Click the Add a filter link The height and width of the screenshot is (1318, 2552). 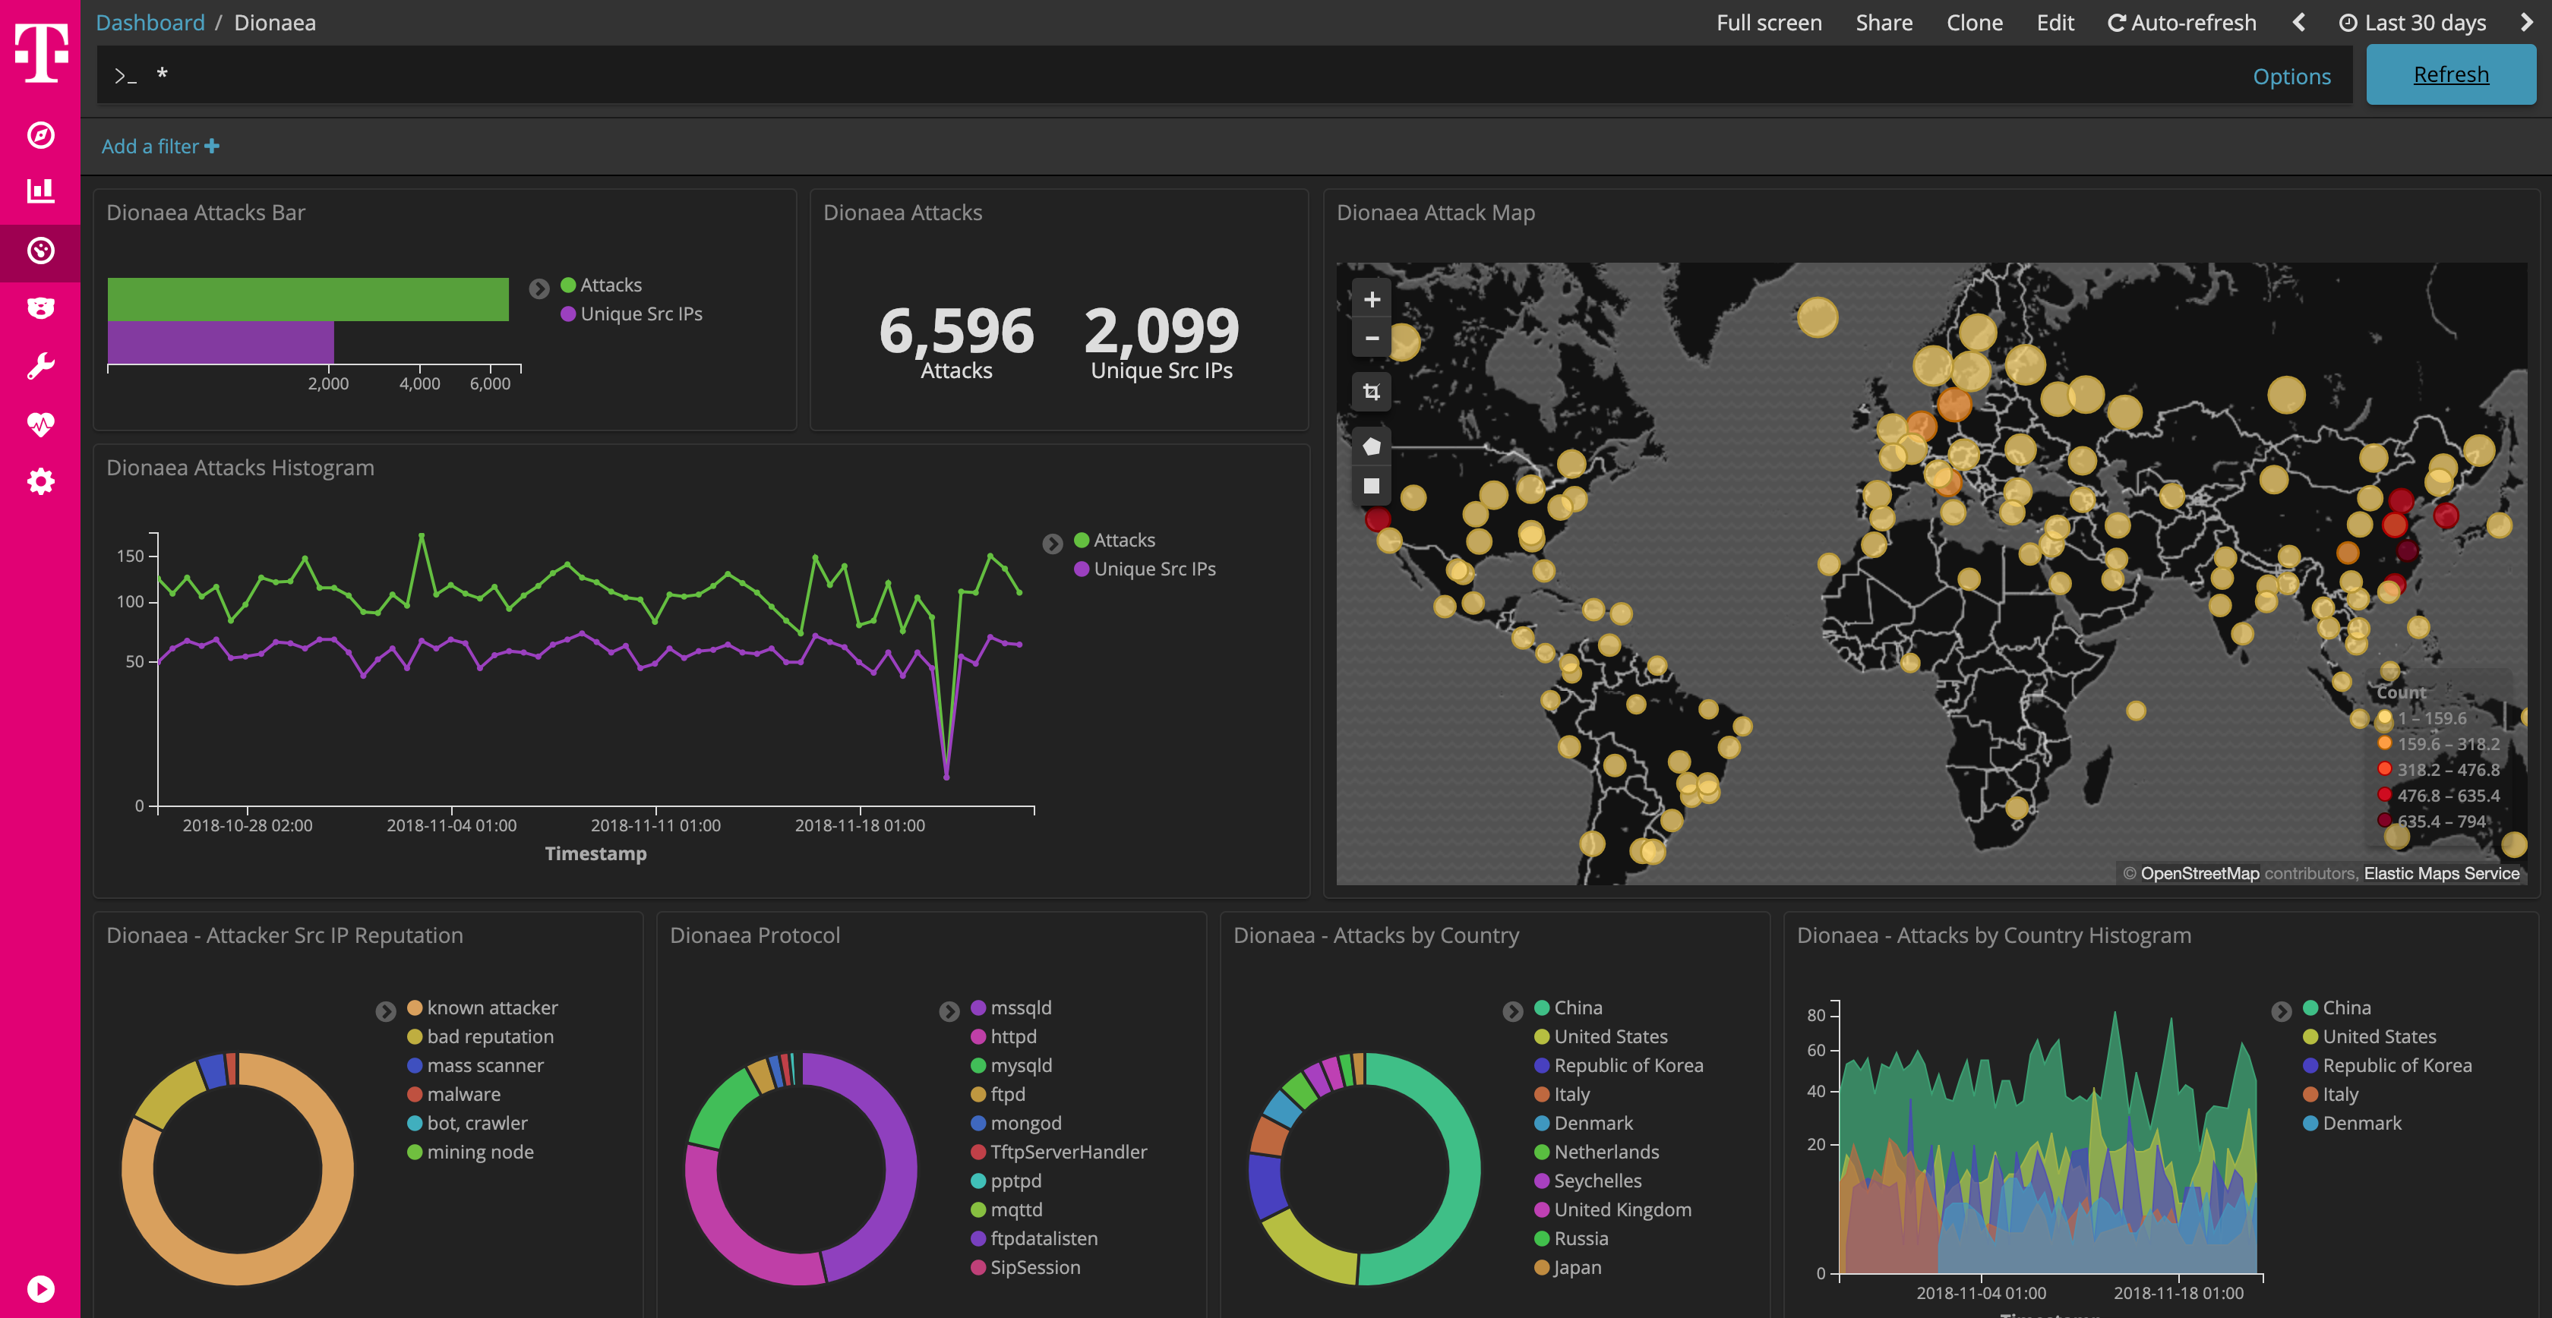pos(159,147)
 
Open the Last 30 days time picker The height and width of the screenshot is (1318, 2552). pos(2412,23)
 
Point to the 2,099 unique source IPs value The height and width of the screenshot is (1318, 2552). pos(1161,331)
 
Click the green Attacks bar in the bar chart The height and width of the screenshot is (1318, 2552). pos(307,299)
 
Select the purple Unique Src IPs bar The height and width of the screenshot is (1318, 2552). pos(220,342)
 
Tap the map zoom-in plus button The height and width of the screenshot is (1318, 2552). pos(1371,299)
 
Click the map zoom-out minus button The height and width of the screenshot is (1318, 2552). pos(1371,339)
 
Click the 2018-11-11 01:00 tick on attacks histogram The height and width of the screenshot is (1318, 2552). pos(655,825)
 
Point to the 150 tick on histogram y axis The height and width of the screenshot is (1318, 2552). pos(130,556)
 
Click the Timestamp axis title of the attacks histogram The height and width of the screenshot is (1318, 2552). pos(595,853)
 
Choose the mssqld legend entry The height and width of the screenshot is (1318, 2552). pos(1019,1007)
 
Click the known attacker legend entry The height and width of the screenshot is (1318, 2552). pos(491,1007)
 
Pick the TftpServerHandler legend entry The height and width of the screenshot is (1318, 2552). pos(1067,1152)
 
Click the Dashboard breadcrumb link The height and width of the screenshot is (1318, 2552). pos(150,23)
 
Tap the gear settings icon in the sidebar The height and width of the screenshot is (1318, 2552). pos(40,482)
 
